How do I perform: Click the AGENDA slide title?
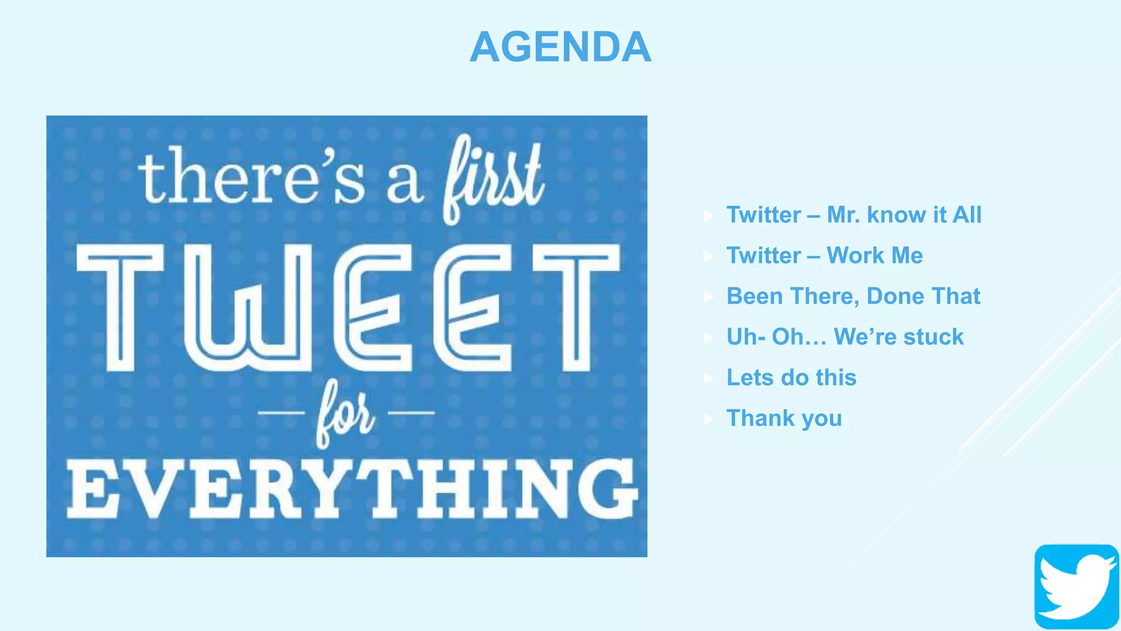point(560,47)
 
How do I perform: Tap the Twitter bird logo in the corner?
point(1076,586)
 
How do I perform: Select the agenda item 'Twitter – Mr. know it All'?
point(853,215)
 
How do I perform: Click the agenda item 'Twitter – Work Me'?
point(824,255)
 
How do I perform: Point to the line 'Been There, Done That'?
point(853,296)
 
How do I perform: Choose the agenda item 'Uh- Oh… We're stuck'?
point(845,337)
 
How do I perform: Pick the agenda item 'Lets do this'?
point(791,377)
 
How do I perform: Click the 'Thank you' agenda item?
point(784,418)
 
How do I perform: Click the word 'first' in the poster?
point(493,178)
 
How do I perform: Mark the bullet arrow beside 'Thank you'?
point(708,419)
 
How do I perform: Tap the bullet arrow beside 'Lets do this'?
point(708,378)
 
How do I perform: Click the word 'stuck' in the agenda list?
point(933,337)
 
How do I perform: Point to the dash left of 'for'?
point(281,412)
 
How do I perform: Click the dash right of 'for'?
point(411,412)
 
